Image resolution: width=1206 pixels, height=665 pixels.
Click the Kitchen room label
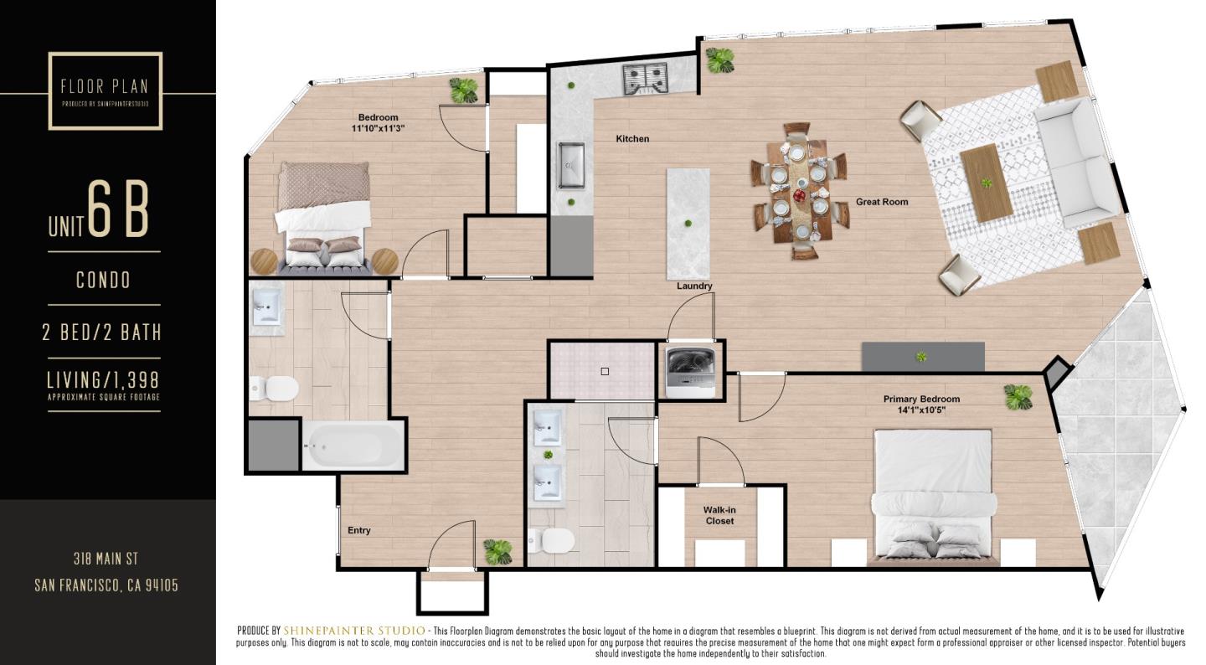pyautogui.click(x=632, y=139)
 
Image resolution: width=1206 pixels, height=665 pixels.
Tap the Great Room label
pyautogui.click(x=881, y=202)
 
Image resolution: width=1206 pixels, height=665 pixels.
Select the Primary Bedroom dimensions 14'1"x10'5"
pyautogui.click(x=921, y=410)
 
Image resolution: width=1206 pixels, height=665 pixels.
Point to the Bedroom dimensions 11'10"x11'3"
pyautogui.click(x=378, y=129)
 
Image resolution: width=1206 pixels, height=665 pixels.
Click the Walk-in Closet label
pyautogui.click(x=719, y=515)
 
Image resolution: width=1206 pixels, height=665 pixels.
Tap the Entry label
pyautogui.click(x=359, y=530)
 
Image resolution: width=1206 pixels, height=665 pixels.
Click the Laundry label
pyautogui.click(x=694, y=286)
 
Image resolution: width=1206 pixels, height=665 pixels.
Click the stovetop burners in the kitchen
pyautogui.click(x=644, y=79)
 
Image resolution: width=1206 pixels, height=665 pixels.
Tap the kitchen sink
pyautogui.click(x=572, y=165)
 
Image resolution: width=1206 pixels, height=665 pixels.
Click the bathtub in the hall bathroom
pyautogui.click(x=353, y=445)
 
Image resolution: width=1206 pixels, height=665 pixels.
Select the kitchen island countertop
pyautogui.click(x=688, y=224)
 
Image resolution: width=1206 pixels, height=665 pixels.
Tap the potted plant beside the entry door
pyautogui.click(x=497, y=551)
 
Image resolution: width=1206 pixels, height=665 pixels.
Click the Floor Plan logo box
pyautogui.click(x=105, y=90)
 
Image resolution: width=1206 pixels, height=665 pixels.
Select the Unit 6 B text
pyautogui.click(x=100, y=214)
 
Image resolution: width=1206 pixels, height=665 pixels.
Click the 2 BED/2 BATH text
pyautogui.click(x=102, y=332)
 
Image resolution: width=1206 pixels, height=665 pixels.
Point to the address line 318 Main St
pyautogui.click(x=106, y=559)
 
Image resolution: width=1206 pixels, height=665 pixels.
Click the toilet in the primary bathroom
pyautogui.click(x=554, y=542)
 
